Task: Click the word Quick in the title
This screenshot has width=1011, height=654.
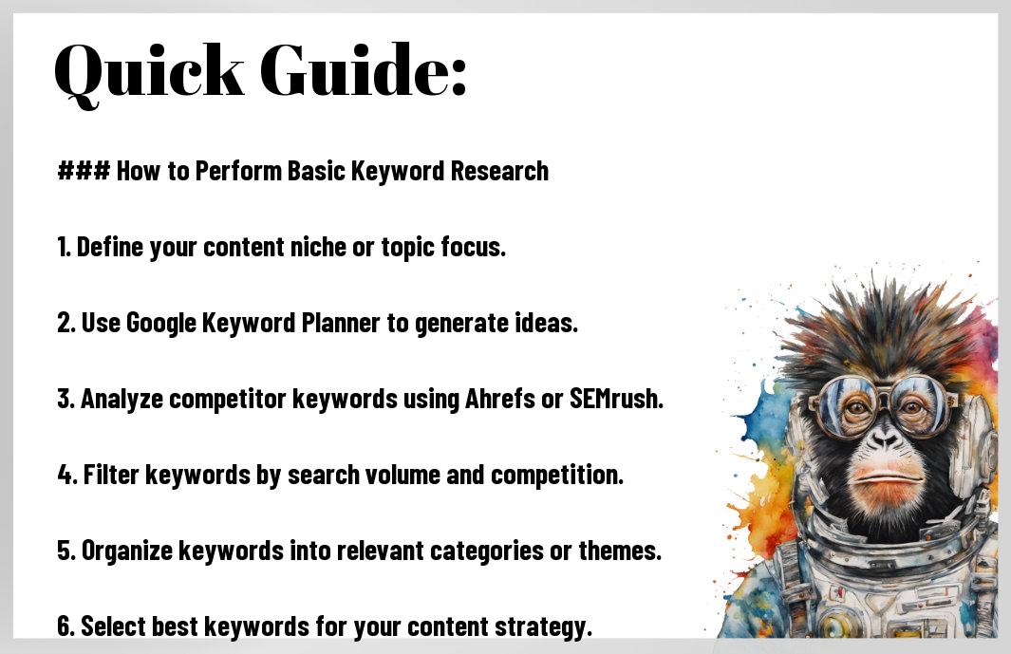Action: (x=149, y=72)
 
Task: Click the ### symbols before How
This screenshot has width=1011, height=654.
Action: (x=84, y=171)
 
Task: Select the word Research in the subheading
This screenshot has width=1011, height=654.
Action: (x=499, y=171)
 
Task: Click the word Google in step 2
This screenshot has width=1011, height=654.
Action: (x=161, y=323)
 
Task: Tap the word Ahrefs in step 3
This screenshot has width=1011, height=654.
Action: (x=500, y=399)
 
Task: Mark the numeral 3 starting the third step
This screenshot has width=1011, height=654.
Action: (x=65, y=399)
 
